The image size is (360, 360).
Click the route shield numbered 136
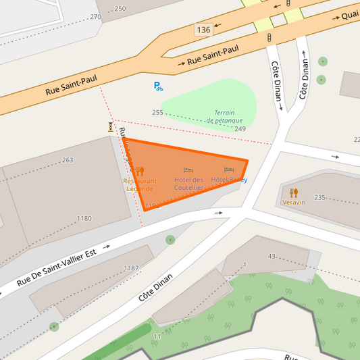(x=203, y=30)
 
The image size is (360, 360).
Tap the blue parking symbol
(x=158, y=86)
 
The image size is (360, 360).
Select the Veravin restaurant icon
(x=294, y=192)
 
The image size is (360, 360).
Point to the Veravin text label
(x=294, y=203)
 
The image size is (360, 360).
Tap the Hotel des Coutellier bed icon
(x=188, y=170)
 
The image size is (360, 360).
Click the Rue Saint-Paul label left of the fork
(x=71, y=85)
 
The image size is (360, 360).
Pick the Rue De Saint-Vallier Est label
(x=57, y=267)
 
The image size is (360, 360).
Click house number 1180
(x=84, y=218)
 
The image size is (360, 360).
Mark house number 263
(x=68, y=160)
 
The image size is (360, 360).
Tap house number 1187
(x=131, y=268)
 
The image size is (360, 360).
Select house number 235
(x=319, y=197)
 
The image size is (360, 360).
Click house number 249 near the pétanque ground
(x=240, y=128)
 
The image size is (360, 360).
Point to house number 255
(x=157, y=113)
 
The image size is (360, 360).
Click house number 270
(x=95, y=17)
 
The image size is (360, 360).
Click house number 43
(x=272, y=256)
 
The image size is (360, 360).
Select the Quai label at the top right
(x=349, y=15)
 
